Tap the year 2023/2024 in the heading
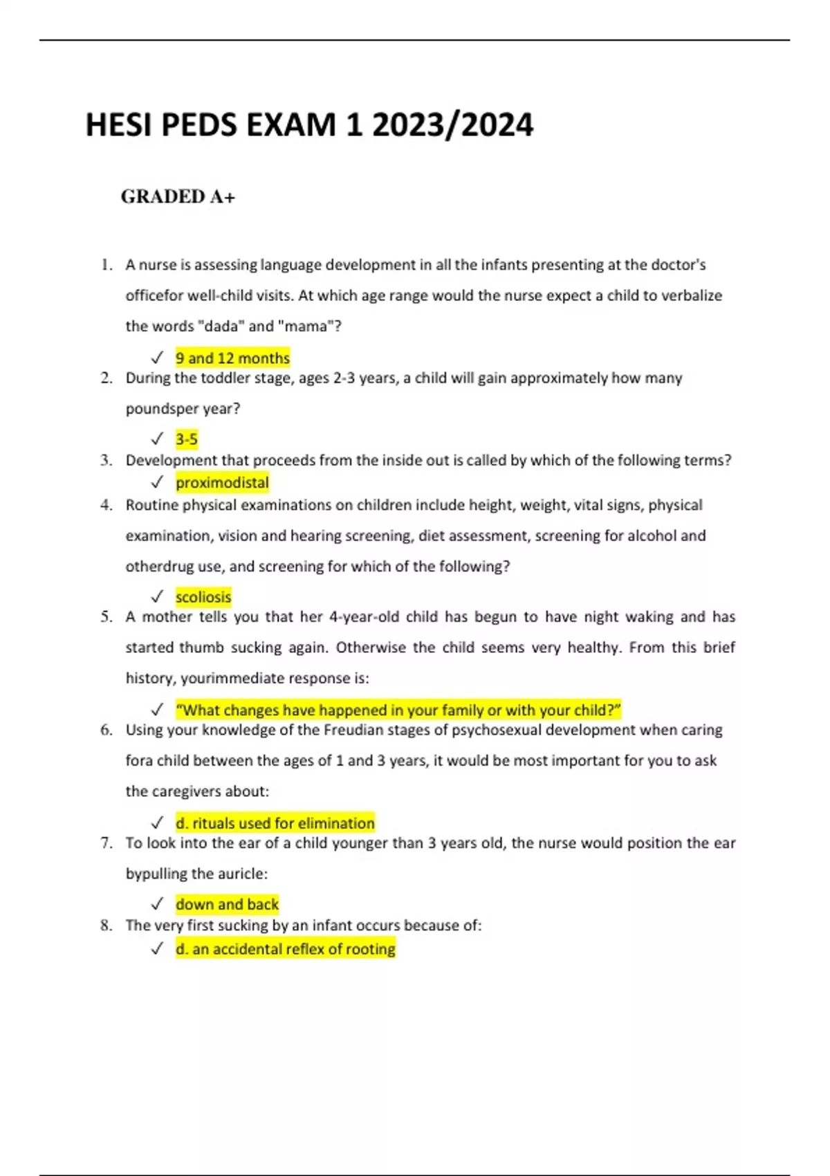click(452, 126)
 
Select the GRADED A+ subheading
click(178, 197)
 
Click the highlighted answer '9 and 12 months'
click(232, 358)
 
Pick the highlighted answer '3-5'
click(187, 439)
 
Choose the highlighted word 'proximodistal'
click(222, 483)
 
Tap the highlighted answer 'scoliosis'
click(203, 597)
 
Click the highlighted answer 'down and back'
click(227, 905)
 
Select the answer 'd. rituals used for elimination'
click(275, 823)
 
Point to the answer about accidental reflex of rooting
click(285, 949)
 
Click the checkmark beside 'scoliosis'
click(157, 597)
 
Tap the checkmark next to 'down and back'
click(157, 905)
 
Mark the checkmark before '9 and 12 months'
click(157, 358)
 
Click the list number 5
click(106, 617)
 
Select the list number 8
click(106, 926)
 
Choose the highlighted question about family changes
click(398, 710)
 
